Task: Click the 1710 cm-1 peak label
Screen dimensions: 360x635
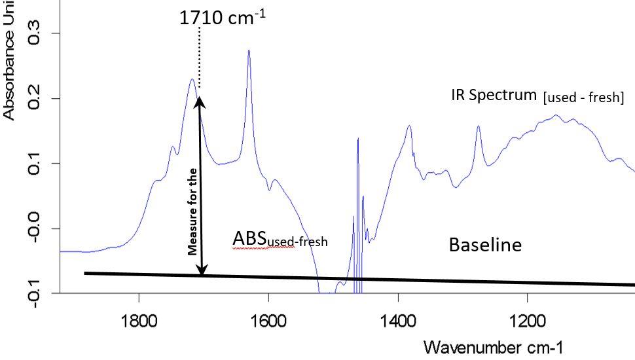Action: [x=222, y=18]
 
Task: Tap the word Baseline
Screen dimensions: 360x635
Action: [x=485, y=245]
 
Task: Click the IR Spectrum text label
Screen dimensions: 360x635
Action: [x=494, y=95]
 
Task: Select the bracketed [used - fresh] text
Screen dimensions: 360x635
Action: [x=583, y=98]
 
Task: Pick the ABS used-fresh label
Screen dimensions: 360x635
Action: [x=280, y=240]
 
